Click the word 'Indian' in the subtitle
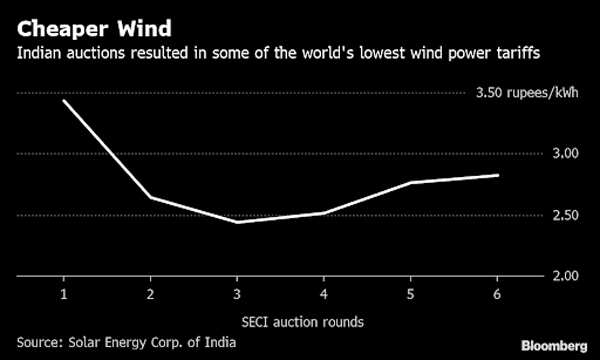(37, 51)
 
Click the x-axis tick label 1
(64, 296)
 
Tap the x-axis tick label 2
(150, 296)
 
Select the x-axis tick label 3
(237, 296)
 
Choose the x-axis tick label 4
(323, 296)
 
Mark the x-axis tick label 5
(410, 296)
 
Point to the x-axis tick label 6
(497, 296)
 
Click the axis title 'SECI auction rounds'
(280, 321)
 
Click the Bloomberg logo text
(554, 344)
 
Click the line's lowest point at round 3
(237, 222)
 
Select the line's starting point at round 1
(64, 101)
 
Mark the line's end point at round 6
(497, 175)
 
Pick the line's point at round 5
(410, 182)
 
